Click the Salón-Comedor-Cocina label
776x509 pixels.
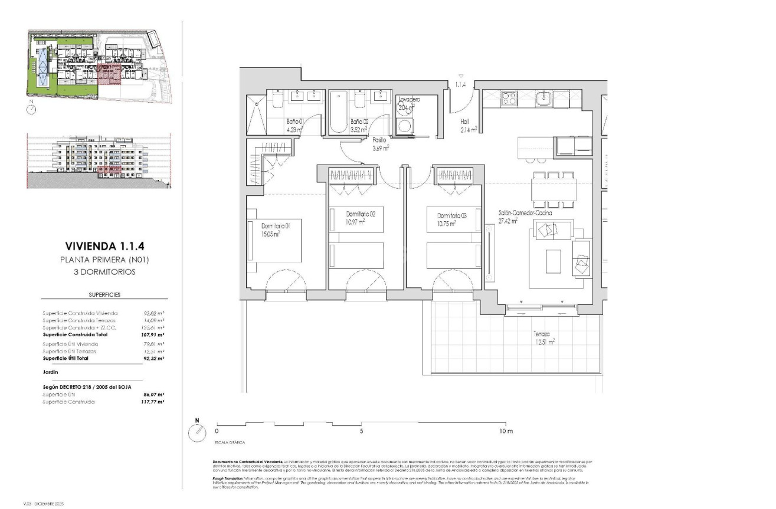[x=516, y=216]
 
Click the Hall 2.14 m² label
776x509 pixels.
[x=469, y=126]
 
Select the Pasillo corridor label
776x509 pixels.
[x=379, y=144]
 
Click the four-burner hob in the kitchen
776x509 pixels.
[x=508, y=98]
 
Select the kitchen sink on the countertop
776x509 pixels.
[x=543, y=98]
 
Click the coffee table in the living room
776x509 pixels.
[x=553, y=261]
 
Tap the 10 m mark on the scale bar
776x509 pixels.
[x=506, y=431]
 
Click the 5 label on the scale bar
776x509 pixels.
[x=361, y=431]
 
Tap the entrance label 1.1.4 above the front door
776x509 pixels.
[x=460, y=85]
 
